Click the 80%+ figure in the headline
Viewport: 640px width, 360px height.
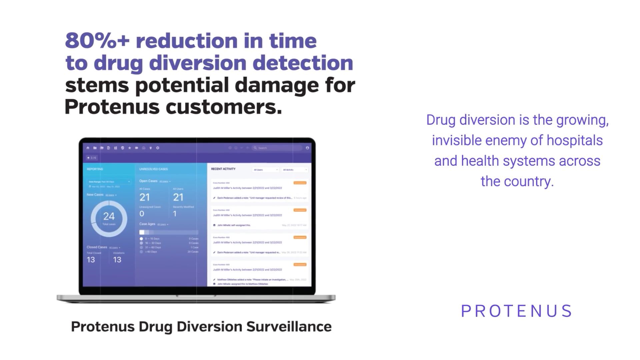97,41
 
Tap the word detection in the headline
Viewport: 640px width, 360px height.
303,63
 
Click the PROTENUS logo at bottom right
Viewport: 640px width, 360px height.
516,311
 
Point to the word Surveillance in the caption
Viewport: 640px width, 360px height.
289,327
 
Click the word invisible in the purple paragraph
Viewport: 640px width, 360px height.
456,140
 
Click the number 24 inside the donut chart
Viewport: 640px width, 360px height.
109,216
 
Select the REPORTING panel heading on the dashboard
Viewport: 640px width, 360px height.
95,169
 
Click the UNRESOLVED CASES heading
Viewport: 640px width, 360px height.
153,169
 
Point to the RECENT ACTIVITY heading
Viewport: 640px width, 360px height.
223,169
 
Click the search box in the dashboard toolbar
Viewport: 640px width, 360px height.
277,148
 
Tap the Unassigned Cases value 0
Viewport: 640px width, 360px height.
142,214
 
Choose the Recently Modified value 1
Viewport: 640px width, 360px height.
175,214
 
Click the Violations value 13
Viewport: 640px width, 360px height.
117,260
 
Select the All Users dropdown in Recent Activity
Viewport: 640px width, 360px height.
265,170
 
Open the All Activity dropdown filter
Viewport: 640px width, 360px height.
295,170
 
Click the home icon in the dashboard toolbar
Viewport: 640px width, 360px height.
88,148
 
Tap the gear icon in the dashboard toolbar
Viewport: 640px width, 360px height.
158,148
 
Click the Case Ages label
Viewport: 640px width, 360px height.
147,224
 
